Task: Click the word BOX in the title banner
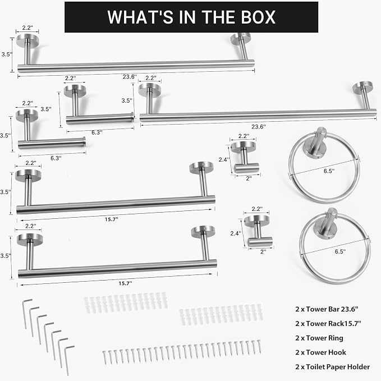[x=258, y=17]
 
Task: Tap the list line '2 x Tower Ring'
[x=319, y=338]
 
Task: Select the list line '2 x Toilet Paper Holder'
[x=332, y=366]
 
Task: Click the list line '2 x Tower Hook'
[x=320, y=352]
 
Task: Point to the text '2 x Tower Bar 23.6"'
[x=327, y=309]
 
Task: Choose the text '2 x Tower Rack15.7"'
[x=328, y=323]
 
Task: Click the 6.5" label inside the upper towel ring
[x=329, y=171]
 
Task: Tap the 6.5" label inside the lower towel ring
[x=340, y=251]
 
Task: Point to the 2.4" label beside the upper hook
[x=224, y=160]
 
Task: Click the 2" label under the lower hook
[x=263, y=252]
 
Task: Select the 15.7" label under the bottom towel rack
[x=125, y=283]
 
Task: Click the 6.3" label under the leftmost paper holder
[x=56, y=158]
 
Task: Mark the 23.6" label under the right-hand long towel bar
[x=259, y=127]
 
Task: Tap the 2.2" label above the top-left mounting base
[x=27, y=27]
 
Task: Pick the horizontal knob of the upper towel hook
[x=247, y=168]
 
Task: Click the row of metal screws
[x=182, y=352]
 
